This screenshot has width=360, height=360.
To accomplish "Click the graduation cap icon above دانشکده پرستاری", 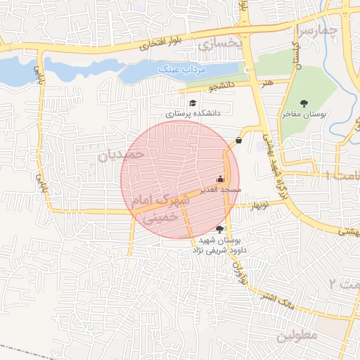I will click(193, 104).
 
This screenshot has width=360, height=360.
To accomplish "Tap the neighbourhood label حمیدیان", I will click(120, 153).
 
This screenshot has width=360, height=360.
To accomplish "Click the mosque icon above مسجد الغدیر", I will click(221, 179).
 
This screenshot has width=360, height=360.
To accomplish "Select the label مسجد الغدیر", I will click(221, 190).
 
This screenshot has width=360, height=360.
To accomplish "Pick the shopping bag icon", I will click(239, 140).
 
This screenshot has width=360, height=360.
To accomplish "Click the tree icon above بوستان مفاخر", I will click(304, 104).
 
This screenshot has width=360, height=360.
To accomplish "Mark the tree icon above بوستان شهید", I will click(220, 229).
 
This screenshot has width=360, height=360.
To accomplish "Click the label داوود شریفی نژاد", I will click(220, 248).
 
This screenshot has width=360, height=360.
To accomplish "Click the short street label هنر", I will click(265, 83).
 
